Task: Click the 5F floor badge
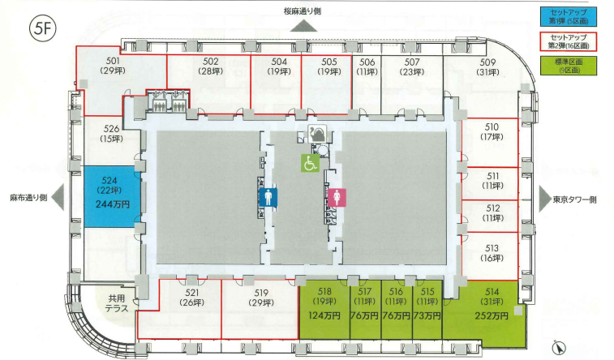tap(43, 28)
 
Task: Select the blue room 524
tap(113, 196)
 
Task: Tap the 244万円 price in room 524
tap(113, 204)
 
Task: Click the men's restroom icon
tap(268, 197)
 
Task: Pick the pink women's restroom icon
tap(337, 197)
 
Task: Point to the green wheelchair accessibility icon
tap(310, 163)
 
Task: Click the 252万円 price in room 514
tap(492, 315)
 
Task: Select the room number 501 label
tap(113, 61)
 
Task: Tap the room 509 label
tap(487, 62)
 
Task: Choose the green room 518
tap(324, 310)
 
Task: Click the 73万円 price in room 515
tap(427, 315)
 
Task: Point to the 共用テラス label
tap(117, 303)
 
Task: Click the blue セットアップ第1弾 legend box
tap(569, 17)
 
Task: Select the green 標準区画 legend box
tap(569, 66)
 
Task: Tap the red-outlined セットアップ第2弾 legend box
tap(569, 41)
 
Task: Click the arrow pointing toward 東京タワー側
tap(545, 199)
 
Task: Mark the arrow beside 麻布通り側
tap(58, 198)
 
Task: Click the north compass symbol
tap(559, 348)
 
